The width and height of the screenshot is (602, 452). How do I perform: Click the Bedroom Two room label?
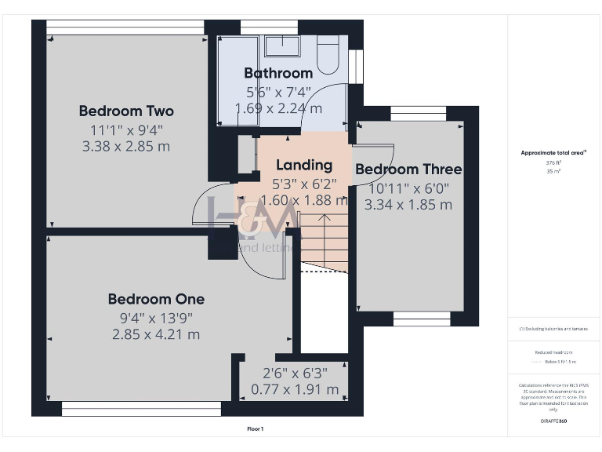point(126,111)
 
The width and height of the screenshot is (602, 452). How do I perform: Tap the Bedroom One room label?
point(156,299)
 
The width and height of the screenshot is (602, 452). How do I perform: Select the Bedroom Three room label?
point(408,169)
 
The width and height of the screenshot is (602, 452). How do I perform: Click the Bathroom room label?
point(278,74)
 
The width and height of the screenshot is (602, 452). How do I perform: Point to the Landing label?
point(304,166)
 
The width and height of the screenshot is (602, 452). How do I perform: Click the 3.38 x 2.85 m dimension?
point(126,146)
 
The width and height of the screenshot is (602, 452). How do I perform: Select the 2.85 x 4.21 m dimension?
point(156,334)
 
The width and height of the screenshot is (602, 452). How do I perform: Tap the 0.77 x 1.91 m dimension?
point(295,389)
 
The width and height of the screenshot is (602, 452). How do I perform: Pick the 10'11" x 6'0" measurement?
point(408,188)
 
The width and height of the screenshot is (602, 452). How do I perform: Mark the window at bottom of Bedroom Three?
point(421,319)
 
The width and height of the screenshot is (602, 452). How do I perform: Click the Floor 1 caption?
point(256,429)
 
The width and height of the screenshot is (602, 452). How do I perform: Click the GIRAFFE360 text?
point(553,422)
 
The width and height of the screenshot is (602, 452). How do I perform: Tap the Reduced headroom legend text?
point(553,353)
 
